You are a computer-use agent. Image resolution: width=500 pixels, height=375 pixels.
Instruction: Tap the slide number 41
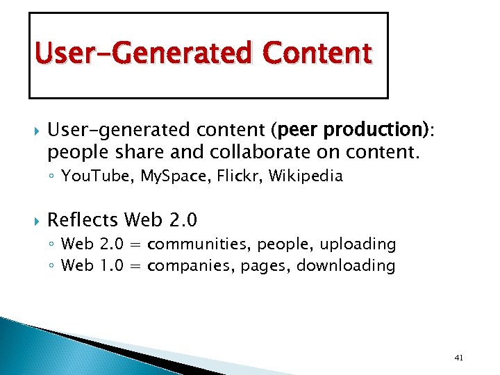point(458,358)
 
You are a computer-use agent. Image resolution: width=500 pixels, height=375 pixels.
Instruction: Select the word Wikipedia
point(306,176)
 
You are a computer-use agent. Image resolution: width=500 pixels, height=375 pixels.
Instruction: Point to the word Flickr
point(240,176)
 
